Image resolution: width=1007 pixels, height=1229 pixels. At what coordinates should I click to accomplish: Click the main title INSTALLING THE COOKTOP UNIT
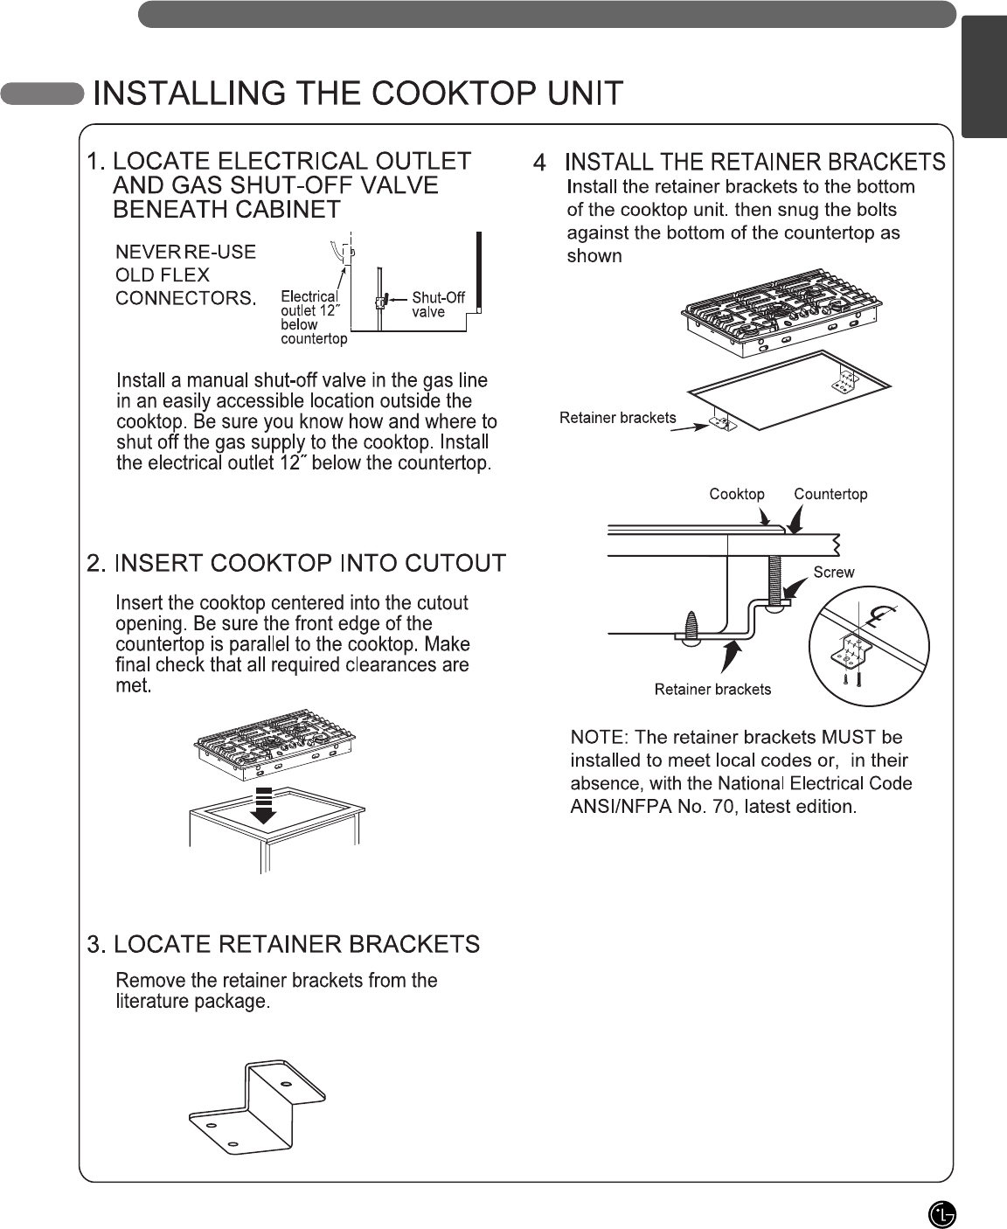[x=358, y=94]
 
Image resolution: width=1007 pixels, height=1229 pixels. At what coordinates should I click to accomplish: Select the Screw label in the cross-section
[x=833, y=573]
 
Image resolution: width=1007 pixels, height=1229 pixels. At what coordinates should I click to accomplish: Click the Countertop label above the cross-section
[x=830, y=495]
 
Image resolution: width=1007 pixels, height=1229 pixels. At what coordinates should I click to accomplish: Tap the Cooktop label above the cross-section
[x=736, y=495]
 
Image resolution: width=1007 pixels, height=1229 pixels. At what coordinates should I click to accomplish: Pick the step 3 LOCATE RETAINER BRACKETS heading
[x=284, y=944]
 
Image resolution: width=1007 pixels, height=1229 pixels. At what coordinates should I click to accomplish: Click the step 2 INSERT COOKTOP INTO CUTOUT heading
[x=297, y=563]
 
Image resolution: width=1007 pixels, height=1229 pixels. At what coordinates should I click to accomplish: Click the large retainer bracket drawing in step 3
[x=257, y=1105]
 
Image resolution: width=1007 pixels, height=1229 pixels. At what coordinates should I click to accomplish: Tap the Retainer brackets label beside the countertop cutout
[x=617, y=418]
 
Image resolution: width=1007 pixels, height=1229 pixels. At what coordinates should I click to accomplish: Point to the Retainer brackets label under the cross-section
[x=712, y=690]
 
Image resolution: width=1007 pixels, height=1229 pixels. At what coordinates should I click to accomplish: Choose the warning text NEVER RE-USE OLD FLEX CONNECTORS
[x=186, y=275]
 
